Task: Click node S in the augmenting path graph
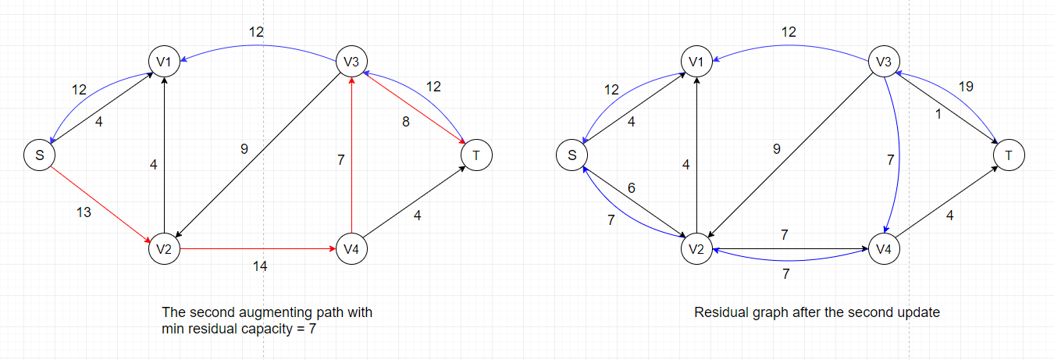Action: coord(38,155)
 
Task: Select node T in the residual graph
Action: coord(1009,155)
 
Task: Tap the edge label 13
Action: coord(84,212)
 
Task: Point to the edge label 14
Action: coord(260,266)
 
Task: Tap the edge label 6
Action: coord(632,188)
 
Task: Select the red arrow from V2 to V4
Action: coord(258,249)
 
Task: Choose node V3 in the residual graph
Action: coord(884,62)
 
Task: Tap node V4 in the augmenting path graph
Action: coord(351,249)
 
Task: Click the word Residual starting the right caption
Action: coord(718,312)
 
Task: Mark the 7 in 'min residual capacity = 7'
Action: coord(312,329)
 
